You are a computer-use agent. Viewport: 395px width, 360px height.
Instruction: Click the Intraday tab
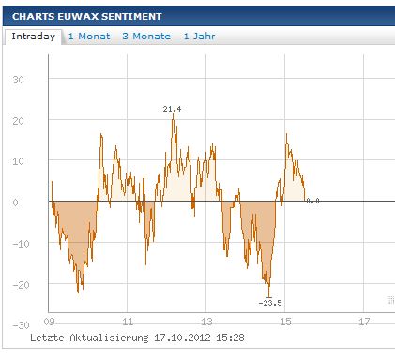[x=33, y=36]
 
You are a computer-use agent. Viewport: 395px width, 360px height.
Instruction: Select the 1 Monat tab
[x=90, y=36]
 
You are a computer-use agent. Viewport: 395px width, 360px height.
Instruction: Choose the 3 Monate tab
[x=146, y=36]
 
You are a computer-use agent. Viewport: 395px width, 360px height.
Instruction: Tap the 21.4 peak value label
[x=172, y=110]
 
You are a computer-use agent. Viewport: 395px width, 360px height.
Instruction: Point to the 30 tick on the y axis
[x=18, y=80]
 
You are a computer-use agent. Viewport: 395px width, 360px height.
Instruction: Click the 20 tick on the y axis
[x=18, y=121]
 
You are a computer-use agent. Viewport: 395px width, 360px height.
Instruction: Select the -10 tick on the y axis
[x=15, y=244]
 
